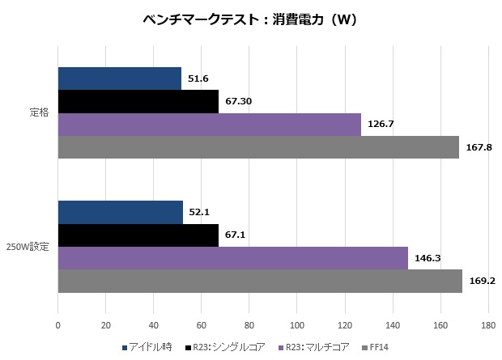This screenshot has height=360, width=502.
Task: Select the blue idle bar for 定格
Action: coord(119,78)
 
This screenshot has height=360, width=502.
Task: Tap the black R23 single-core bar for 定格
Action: coord(138,101)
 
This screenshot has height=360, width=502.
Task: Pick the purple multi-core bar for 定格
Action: coord(209,125)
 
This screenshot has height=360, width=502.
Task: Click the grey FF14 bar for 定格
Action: coord(258,147)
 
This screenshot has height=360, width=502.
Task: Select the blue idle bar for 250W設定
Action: coord(120,212)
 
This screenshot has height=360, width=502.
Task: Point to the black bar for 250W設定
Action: coord(138,235)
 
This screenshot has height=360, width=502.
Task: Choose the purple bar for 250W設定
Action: coord(232,258)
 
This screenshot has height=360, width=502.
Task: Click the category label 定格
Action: coord(38,113)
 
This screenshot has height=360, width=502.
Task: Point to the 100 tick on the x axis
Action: coord(296,326)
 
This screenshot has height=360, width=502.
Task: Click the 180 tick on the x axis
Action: coord(487,326)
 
